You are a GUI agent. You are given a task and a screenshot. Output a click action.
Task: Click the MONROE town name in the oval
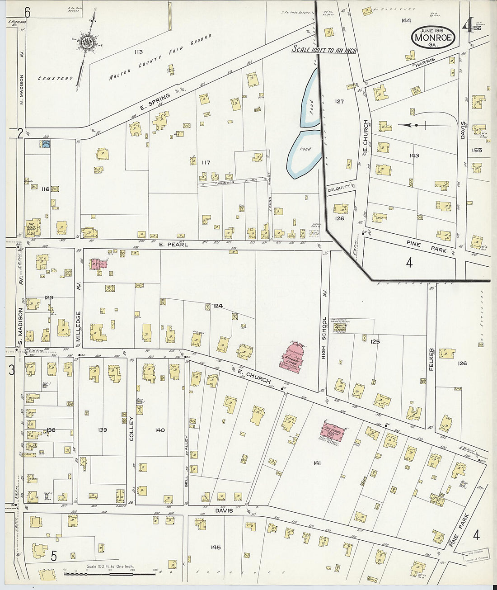(x=433, y=38)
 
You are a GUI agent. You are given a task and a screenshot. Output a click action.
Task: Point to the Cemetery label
(x=55, y=79)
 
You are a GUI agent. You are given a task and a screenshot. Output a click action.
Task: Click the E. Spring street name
(x=155, y=102)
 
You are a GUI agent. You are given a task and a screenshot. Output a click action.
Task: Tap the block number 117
(x=206, y=162)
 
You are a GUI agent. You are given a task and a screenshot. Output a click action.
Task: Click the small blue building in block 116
(x=45, y=144)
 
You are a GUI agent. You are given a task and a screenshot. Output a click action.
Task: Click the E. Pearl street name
(x=173, y=245)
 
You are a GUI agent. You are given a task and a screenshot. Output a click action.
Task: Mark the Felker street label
(x=431, y=359)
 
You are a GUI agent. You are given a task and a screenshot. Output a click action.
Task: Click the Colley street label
(x=132, y=429)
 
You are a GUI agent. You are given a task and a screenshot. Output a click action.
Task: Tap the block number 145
(x=216, y=547)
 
